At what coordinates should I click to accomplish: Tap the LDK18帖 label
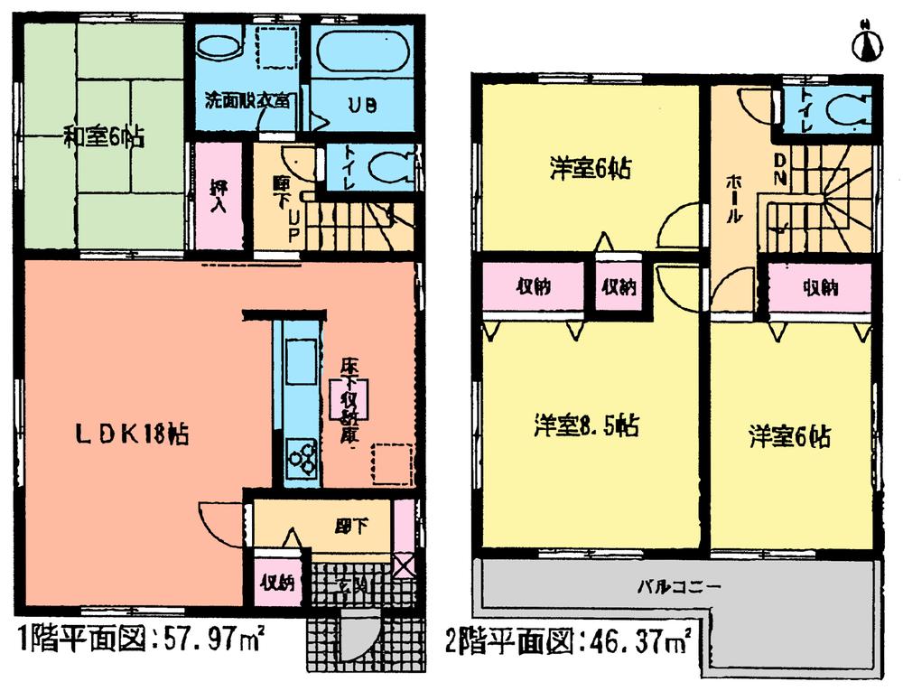click(x=132, y=434)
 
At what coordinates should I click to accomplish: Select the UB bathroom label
click(x=363, y=105)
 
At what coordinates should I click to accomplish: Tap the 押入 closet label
click(x=219, y=196)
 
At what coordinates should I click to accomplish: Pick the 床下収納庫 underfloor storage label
click(x=349, y=398)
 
